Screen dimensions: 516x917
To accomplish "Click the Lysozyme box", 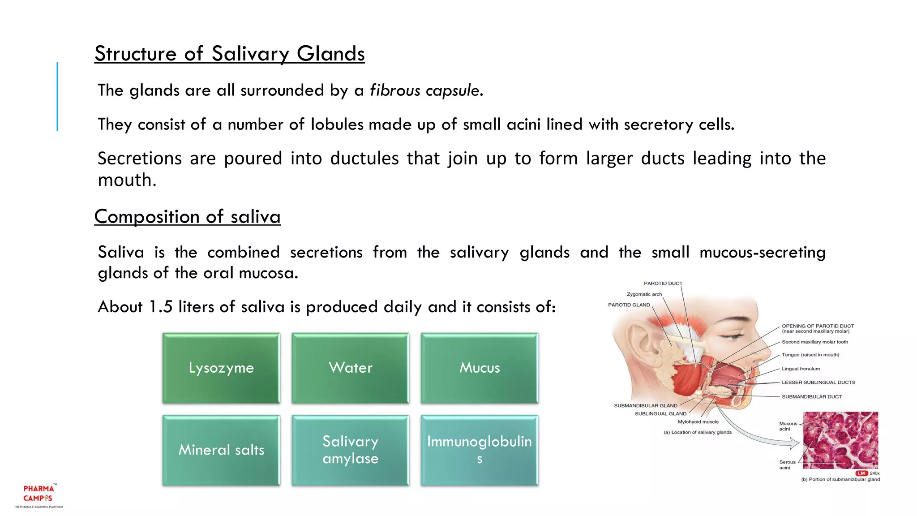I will point(221,368).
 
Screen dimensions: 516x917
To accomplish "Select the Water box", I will point(350,368).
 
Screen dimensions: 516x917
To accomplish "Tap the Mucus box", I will point(480,368).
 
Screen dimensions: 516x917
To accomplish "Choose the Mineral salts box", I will point(221,450).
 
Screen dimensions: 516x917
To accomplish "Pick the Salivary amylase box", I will point(350,450).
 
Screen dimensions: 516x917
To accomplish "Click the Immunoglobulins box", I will point(480,450).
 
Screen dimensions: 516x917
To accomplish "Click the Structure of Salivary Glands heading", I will point(229,54).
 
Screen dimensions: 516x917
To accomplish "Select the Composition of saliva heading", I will point(187,217).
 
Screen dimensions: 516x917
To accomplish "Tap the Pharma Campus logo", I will point(39,494).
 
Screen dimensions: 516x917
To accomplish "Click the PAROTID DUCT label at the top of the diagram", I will point(663,284).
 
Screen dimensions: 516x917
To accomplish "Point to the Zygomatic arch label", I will point(644,294).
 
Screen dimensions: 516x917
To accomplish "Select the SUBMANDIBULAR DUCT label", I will point(811,397).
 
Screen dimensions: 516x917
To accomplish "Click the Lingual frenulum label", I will point(801,369).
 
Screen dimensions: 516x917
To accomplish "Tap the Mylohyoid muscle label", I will point(698,422).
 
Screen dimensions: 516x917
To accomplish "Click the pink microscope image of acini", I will point(840,440).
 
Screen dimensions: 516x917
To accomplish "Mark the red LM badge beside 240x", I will point(861,473).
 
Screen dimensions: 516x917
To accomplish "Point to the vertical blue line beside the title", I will point(57,96).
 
